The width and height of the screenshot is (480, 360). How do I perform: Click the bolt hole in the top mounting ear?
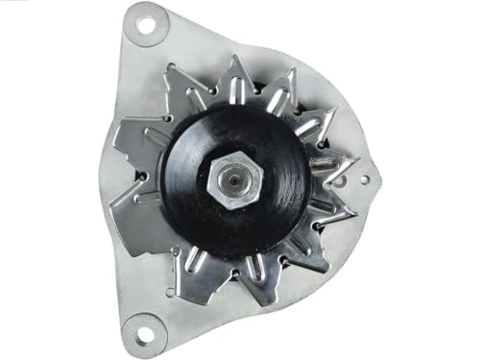click(145, 26)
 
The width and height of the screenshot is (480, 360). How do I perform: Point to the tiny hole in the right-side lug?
click(366, 179)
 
